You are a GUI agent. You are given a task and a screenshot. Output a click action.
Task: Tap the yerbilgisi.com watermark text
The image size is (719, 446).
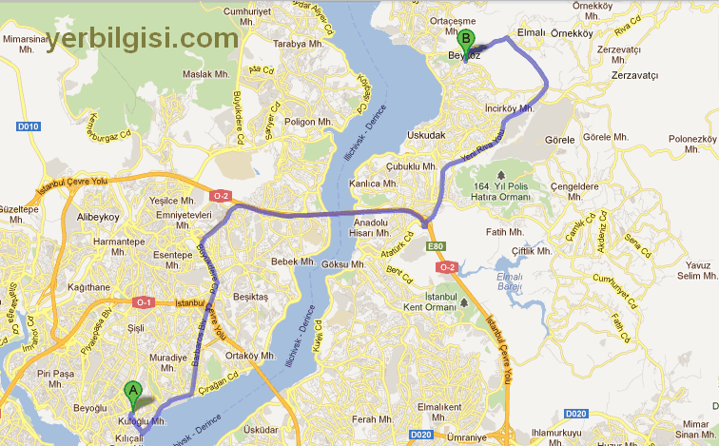pyautogui.click(x=143, y=38)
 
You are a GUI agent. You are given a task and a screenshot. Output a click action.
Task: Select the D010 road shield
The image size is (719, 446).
pyautogui.click(x=29, y=126)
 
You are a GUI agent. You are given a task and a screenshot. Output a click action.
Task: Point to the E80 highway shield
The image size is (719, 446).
pyautogui.click(x=436, y=247)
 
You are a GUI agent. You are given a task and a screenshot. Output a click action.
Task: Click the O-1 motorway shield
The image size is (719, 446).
pyautogui.click(x=145, y=302)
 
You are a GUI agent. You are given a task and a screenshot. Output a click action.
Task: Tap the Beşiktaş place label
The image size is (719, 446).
pyautogui.click(x=251, y=297)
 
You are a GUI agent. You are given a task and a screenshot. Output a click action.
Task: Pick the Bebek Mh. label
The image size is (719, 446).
pyautogui.click(x=292, y=262)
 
